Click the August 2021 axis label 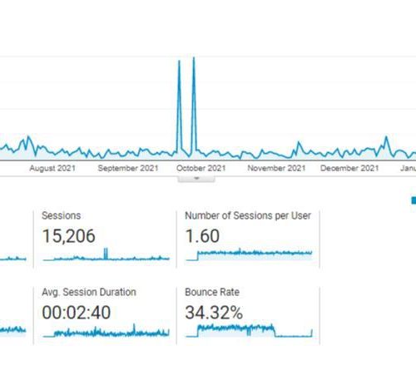pyautogui.click(x=52, y=168)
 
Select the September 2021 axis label pyautogui.click(x=128, y=168)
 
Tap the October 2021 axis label pyautogui.click(x=201, y=168)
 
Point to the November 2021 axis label pyautogui.click(x=276, y=168)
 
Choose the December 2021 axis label pyautogui.click(x=349, y=168)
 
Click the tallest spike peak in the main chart pyautogui.click(x=194, y=57)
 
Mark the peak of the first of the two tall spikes pyautogui.click(x=179, y=61)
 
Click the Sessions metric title pyautogui.click(x=62, y=215)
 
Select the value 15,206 pyautogui.click(x=69, y=236)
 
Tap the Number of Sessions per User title pyautogui.click(x=248, y=215)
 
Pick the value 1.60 pyautogui.click(x=202, y=236)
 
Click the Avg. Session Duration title pyautogui.click(x=89, y=292)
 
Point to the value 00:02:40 pyautogui.click(x=77, y=313)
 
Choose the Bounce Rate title pyautogui.click(x=212, y=292)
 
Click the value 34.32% pyautogui.click(x=214, y=313)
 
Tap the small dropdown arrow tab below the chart pyautogui.click(x=196, y=178)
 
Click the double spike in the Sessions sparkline pyautogui.click(x=106, y=254)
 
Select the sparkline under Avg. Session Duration pyautogui.click(x=106, y=332)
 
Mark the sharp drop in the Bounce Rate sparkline pyautogui.click(x=275, y=332)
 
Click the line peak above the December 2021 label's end pyautogui.click(x=386, y=136)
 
